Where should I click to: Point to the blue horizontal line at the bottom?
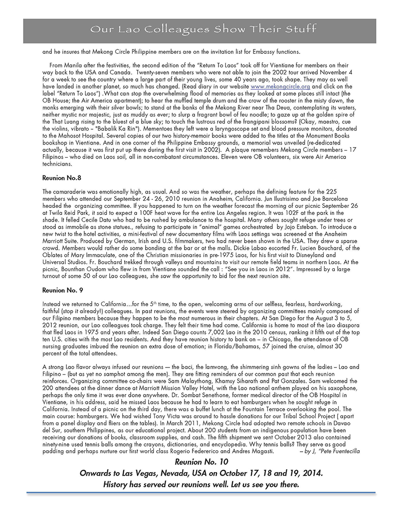[199, 494]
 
